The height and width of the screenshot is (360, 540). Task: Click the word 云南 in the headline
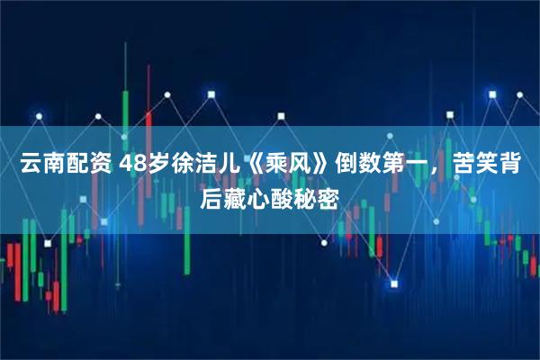(41, 166)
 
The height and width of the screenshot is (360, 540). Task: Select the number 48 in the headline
(135, 166)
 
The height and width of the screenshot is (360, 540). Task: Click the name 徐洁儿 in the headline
(211, 166)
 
